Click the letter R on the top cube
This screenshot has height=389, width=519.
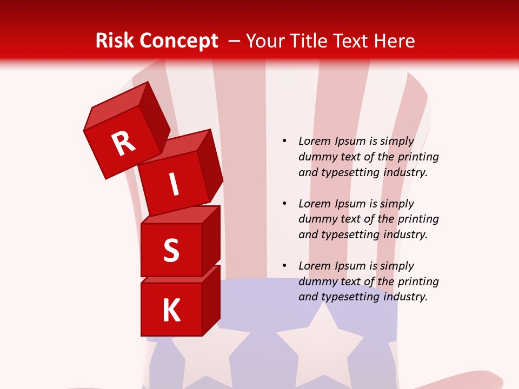(x=123, y=143)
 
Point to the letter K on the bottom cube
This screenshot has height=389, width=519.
(x=171, y=311)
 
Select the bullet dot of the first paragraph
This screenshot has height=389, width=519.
(x=284, y=141)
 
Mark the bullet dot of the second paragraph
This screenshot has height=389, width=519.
(x=284, y=204)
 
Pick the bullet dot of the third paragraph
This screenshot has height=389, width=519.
(x=284, y=266)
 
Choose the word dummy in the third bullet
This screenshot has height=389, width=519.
(x=316, y=281)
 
